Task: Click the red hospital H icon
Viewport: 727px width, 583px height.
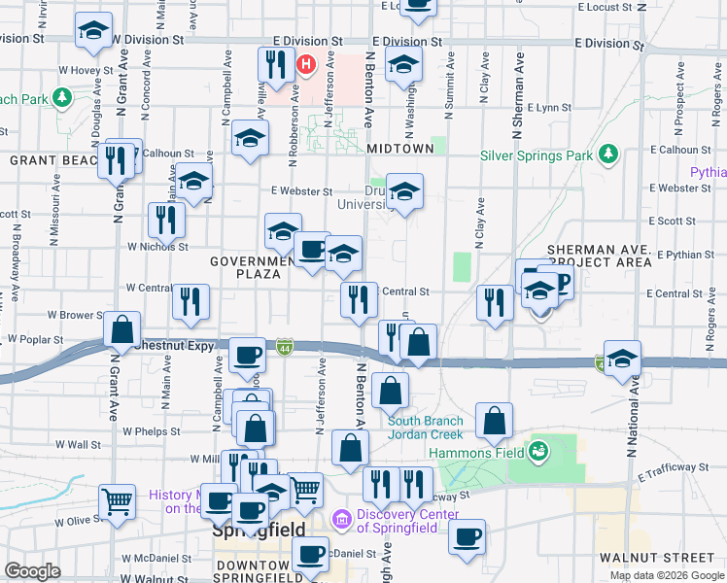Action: pyautogui.click(x=306, y=66)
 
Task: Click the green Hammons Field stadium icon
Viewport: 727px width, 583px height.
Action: pyautogui.click(x=537, y=451)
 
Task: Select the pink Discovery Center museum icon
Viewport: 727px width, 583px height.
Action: pyautogui.click(x=340, y=521)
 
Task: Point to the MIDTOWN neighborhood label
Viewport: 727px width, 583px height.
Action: pyautogui.click(x=400, y=149)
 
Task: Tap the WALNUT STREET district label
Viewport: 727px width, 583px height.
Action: pyautogui.click(x=657, y=558)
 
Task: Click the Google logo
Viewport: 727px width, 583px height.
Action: pyautogui.click(x=31, y=571)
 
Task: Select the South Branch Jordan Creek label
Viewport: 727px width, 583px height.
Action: pyautogui.click(x=426, y=428)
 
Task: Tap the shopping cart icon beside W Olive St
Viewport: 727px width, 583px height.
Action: pyautogui.click(x=118, y=501)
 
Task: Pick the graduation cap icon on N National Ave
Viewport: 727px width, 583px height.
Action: pyautogui.click(x=622, y=357)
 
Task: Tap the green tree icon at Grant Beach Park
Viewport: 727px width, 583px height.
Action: pyautogui.click(x=61, y=98)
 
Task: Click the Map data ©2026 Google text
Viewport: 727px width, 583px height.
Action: pyautogui.click(x=668, y=575)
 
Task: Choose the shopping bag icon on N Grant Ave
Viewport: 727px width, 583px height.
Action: pyautogui.click(x=122, y=330)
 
